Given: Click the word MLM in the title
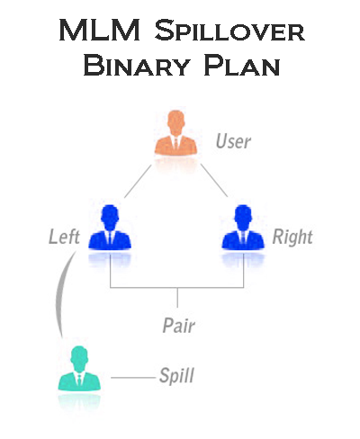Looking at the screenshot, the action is [x=100, y=30].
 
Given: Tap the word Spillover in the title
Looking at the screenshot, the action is [x=229, y=30].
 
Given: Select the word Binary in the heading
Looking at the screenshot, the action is [x=137, y=65].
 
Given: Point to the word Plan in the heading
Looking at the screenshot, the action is [x=242, y=65].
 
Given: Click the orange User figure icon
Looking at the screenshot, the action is [x=175, y=132].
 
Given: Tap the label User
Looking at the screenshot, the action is [x=233, y=141].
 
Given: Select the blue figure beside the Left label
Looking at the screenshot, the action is [x=110, y=227].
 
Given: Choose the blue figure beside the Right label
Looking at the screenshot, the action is [x=243, y=227].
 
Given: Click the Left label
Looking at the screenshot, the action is [x=64, y=237].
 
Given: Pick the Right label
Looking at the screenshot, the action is [x=292, y=237].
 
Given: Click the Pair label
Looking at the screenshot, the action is [x=179, y=326].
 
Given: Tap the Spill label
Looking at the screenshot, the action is [x=176, y=375].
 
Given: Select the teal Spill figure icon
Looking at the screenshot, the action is [x=79, y=368].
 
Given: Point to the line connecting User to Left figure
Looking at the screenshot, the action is [x=138, y=181].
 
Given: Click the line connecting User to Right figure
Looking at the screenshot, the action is [x=214, y=181].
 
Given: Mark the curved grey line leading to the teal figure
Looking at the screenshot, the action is [x=58, y=295].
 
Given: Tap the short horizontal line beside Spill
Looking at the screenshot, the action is [x=133, y=378].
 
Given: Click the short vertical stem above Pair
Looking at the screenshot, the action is [x=177, y=298].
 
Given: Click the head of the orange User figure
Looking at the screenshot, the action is [x=175, y=122].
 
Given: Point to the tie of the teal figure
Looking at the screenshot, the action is [x=79, y=380].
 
